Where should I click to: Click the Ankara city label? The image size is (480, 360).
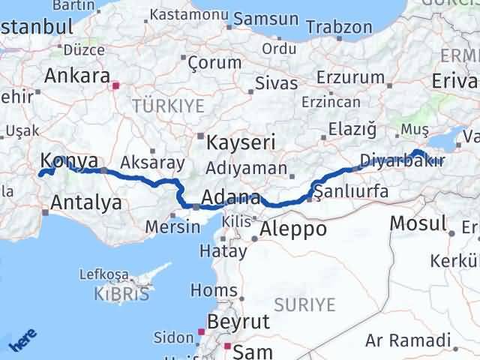click(x=77, y=76)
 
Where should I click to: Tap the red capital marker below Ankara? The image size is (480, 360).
click(x=115, y=86)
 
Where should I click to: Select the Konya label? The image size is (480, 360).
click(x=69, y=160)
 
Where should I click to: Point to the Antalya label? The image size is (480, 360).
click(x=86, y=202)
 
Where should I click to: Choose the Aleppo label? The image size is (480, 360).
click(x=295, y=229)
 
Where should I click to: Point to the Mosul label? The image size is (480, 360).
click(x=418, y=223)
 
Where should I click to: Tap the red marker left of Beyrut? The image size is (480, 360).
click(x=201, y=331)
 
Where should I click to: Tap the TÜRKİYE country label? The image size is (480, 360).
click(x=168, y=106)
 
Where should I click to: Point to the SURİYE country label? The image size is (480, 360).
click(x=304, y=304)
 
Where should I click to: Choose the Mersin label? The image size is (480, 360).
click(x=169, y=226)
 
